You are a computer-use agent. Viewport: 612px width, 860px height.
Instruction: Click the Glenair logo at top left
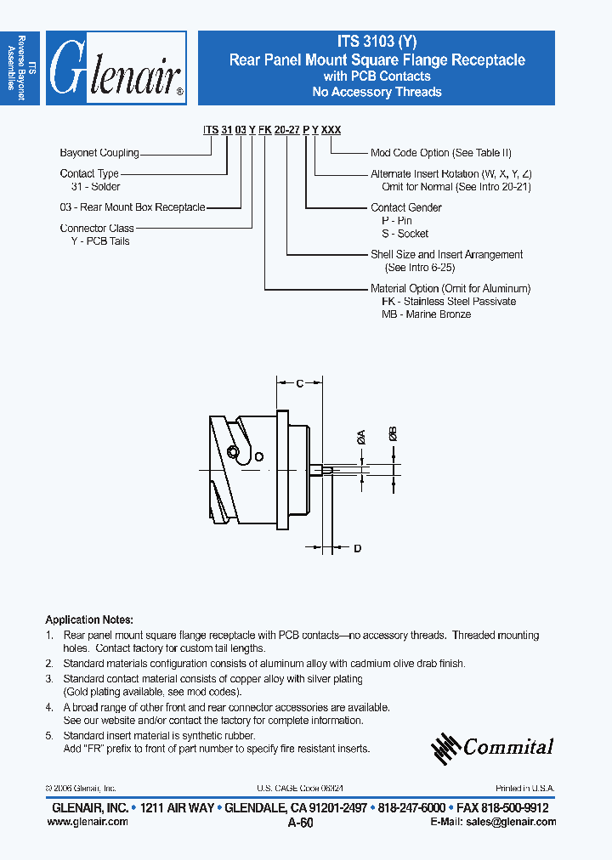point(116,68)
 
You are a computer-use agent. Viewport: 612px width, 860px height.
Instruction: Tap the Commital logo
point(493,747)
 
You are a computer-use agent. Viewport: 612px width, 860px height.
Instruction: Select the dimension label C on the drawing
point(299,384)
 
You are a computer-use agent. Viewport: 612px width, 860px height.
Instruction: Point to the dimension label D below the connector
point(357,548)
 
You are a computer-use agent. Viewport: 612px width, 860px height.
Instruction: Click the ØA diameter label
point(361,438)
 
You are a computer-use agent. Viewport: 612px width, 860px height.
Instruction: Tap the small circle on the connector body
point(259,456)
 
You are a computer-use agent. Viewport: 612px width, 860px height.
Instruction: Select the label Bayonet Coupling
point(99,153)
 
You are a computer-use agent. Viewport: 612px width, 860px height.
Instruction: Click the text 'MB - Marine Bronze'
point(426,314)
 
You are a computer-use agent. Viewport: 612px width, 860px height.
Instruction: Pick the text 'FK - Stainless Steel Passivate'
point(448,302)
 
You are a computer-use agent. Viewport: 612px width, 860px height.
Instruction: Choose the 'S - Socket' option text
point(405,234)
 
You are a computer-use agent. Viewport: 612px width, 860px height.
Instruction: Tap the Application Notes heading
point(88,620)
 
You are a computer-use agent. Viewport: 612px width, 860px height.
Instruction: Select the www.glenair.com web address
point(85,822)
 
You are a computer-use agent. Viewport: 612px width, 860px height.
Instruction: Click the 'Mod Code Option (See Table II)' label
point(440,153)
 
